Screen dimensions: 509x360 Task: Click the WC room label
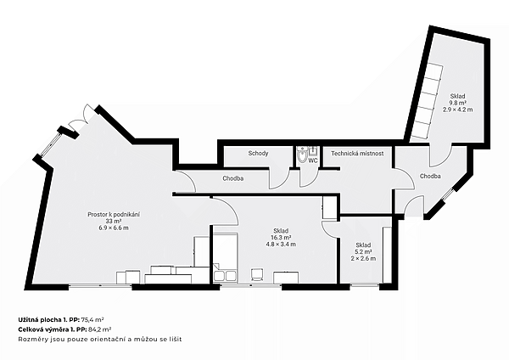(x=313, y=160)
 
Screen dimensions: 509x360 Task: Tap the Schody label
(x=258, y=153)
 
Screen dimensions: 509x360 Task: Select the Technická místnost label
(x=357, y=154)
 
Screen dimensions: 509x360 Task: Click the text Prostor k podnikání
(x=114, y=215)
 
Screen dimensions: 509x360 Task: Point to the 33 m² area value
(x=114, y=221)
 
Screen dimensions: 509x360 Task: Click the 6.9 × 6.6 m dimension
(x=114, y=228)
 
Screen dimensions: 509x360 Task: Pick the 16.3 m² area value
(x=281, y=238)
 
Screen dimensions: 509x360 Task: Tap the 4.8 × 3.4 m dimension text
(x=281, y=245)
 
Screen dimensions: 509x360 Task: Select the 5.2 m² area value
(x=364, y=252)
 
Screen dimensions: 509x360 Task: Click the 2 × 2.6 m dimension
(x=364, y=259)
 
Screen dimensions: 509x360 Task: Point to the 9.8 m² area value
(x=457, y=103)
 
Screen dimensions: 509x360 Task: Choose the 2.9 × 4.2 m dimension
(x=458, y=110)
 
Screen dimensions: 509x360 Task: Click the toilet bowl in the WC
(x=302, y=155)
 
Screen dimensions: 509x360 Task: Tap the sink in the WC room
(x=313, y=152)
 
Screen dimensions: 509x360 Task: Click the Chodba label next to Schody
(x=233, y=178)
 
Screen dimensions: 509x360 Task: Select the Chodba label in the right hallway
(x=430, y=176)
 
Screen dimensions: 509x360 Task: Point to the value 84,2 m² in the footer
(x=98, y=329)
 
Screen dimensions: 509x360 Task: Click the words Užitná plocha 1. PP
(x=48, y=319)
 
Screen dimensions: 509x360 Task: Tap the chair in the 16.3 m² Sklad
(x=257, y=274)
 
